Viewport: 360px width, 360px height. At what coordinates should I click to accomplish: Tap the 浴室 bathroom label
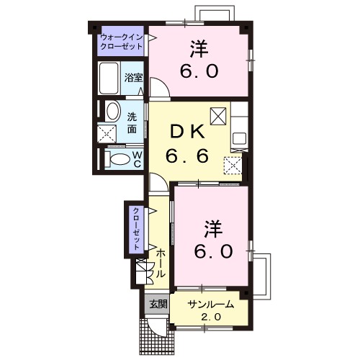[x=132, y=77]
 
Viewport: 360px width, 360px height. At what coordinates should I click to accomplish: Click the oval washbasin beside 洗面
[x=112, y=111]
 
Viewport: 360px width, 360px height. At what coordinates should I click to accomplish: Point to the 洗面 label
[x=132, y=122]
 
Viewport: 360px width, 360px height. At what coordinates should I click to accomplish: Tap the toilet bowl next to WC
[x=118, y=158]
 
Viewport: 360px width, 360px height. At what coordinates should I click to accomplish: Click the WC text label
[x=137, y=158]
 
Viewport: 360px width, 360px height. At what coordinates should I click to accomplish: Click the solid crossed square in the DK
[x=218, y=115]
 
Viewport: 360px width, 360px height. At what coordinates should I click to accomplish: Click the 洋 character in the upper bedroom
[x=199, y=48]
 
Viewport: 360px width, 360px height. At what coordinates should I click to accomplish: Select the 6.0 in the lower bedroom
[x=211, y=252]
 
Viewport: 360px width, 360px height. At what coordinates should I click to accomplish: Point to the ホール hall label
[x=161, y=265]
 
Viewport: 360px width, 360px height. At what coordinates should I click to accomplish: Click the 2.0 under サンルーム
[x=211, y=317]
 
